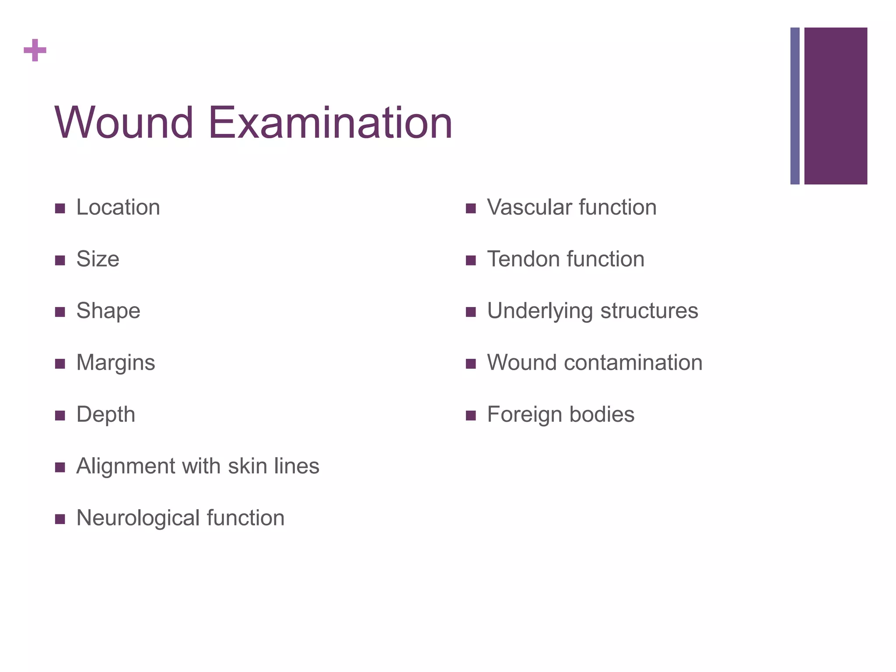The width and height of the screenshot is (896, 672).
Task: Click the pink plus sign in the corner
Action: tap(35, 50)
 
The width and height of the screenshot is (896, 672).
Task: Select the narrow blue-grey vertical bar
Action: tap(794, 106)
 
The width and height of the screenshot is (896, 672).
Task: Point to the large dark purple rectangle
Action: tap(835, 106)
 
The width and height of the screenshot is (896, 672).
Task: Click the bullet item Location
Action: tap(118, 207)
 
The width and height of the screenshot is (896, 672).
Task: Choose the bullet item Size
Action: tap(98, 259)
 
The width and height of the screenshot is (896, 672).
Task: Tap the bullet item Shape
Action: tap(108, 311)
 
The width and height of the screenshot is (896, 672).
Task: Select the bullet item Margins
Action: tap(115, 363)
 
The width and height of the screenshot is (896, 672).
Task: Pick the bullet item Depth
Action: tap(105, 414)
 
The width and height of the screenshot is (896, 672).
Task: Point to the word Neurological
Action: tap(138, 518)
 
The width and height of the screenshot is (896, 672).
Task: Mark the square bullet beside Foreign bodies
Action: tap(471, 415)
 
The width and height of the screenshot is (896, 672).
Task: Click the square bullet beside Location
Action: tap(60, 208)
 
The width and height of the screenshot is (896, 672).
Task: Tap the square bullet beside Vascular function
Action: tap(471, 208)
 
